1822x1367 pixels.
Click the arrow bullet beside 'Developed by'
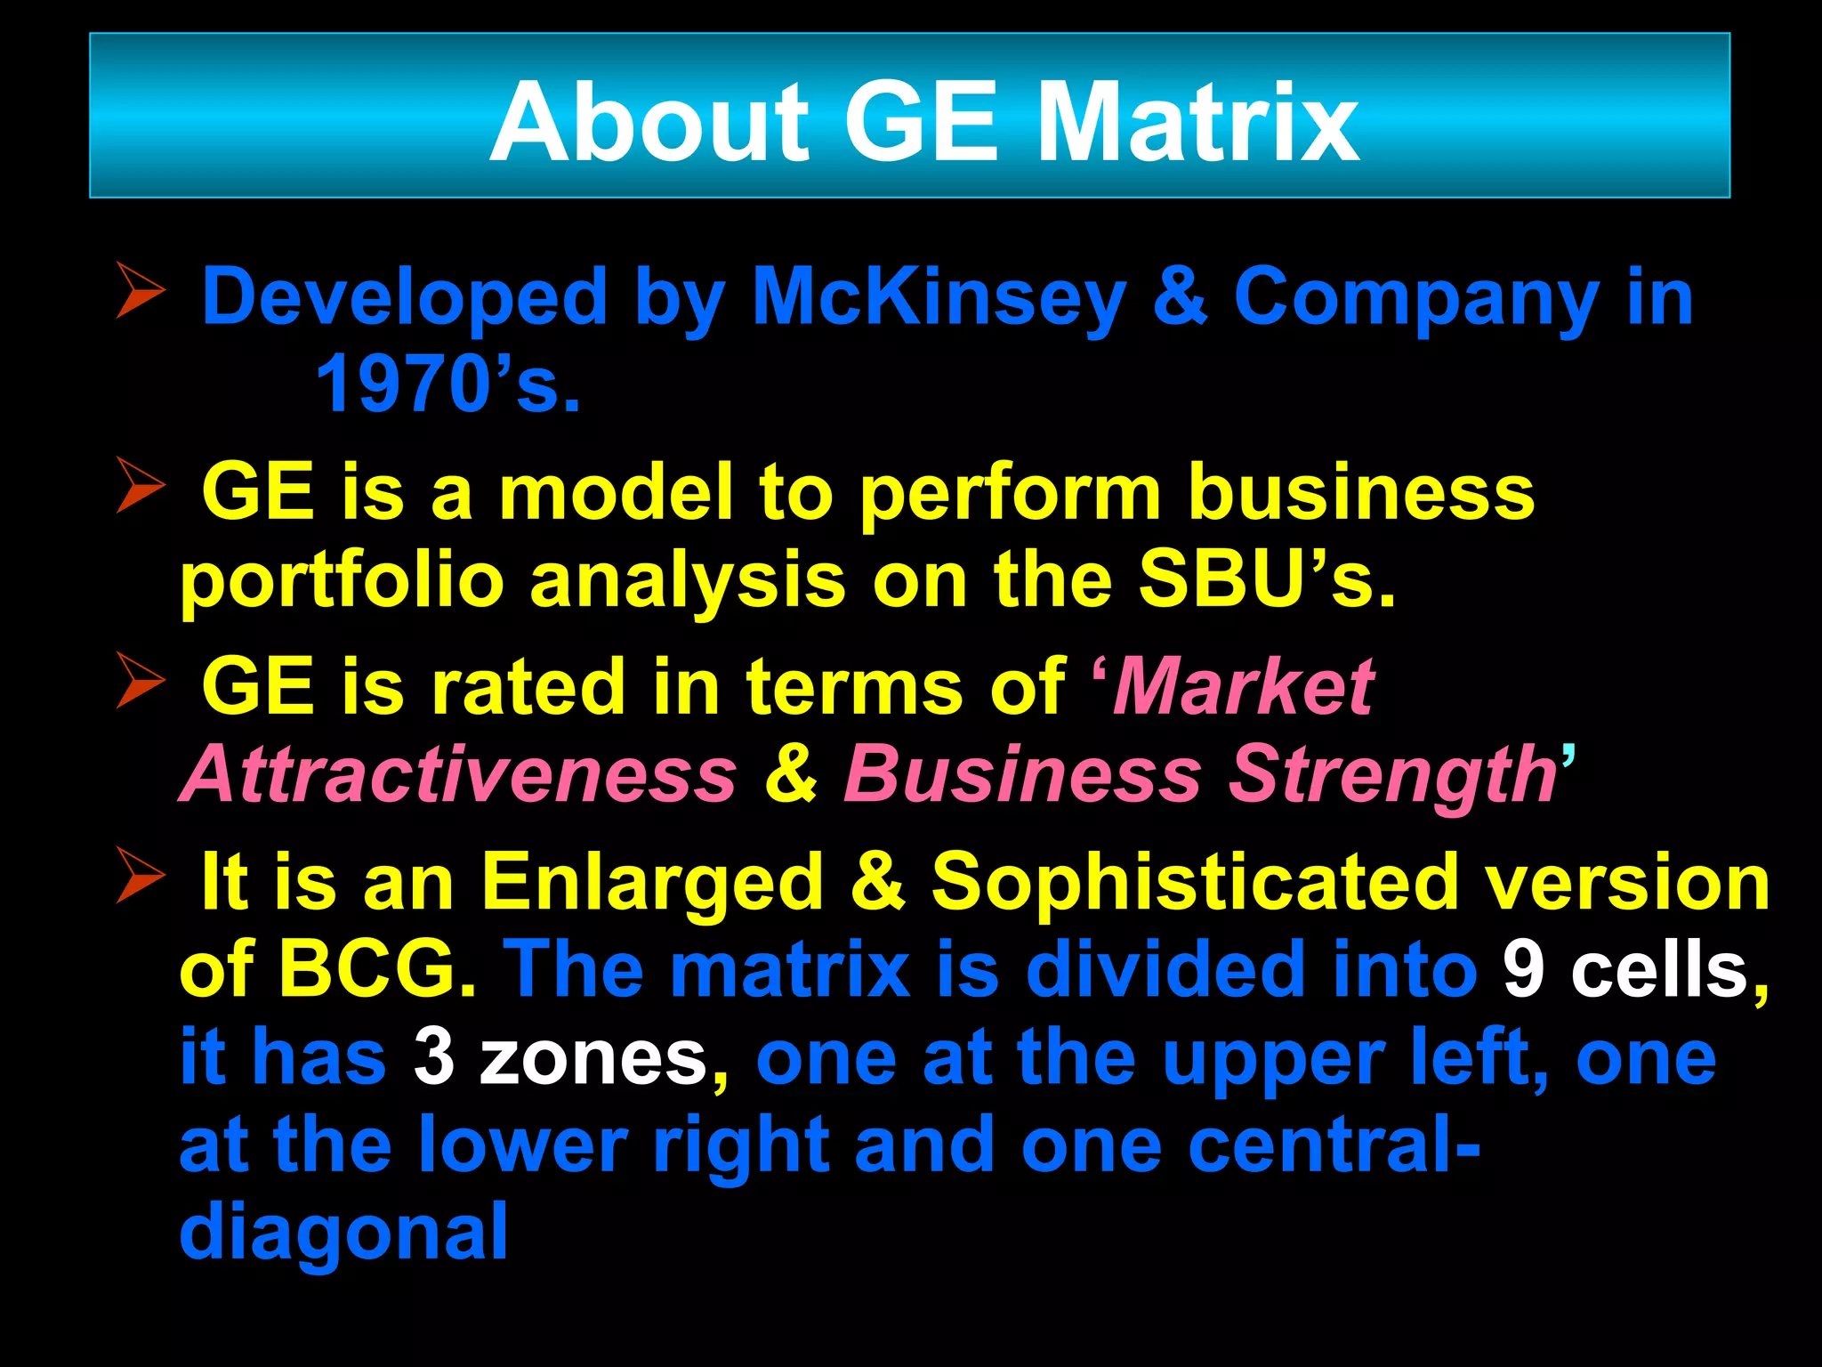click(141, 290)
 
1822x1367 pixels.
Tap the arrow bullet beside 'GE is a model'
click(141, 485)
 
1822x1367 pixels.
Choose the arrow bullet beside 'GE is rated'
click(141, 681)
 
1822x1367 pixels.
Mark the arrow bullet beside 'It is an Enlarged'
click(141, 876)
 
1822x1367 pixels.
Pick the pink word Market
click(1244, 686)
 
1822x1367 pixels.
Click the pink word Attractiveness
click(459, 773)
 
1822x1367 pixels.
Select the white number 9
click(1523, 969)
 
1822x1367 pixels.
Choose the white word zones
click(593, 1057)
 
